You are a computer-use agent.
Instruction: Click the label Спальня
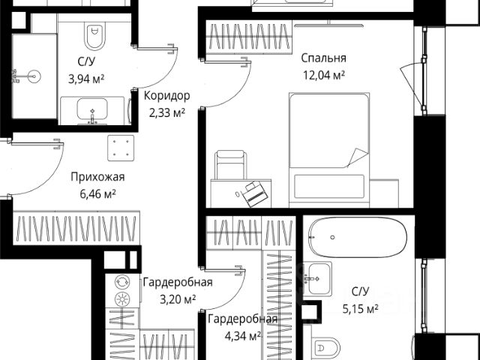tap(323, 58)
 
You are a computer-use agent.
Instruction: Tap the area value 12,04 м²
tap(322, 75)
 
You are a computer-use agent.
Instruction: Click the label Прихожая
tap(97, 177)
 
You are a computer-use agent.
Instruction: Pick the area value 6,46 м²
tap(97, 193)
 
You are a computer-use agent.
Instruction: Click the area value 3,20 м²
tap(177, 298)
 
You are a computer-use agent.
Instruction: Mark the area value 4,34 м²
tap(234, 335)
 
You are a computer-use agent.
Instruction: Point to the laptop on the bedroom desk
tap(255, 193)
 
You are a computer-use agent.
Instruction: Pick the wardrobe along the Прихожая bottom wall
tap(75, 229)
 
